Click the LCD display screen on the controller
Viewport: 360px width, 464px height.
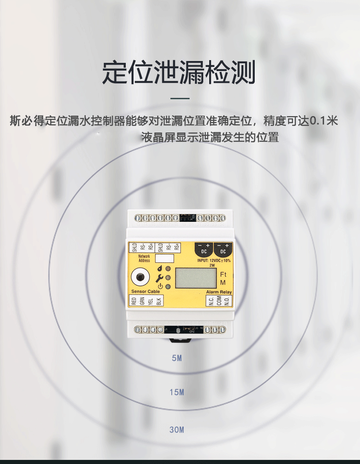coord(195,278)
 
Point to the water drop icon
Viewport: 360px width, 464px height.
coord(159,269)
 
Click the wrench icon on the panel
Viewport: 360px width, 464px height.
coord(159,277)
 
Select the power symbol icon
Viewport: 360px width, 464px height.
coord(160,286)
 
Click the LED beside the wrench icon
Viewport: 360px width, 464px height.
coord(168,277)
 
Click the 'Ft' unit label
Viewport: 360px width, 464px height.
coord(223,275)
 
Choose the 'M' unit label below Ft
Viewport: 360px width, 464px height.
coord(223,283)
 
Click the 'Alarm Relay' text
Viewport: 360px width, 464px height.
coord(219,292)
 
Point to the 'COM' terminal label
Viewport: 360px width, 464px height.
coord(219,301)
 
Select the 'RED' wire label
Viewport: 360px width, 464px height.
coord(134,301)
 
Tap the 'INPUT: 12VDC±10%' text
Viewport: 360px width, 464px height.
coord(214,260)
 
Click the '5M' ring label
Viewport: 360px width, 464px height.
coord(177,358)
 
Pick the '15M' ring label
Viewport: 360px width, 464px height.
coord(177,392)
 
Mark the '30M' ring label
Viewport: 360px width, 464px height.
coord(177,430)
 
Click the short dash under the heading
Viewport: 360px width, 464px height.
coord(180,98)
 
